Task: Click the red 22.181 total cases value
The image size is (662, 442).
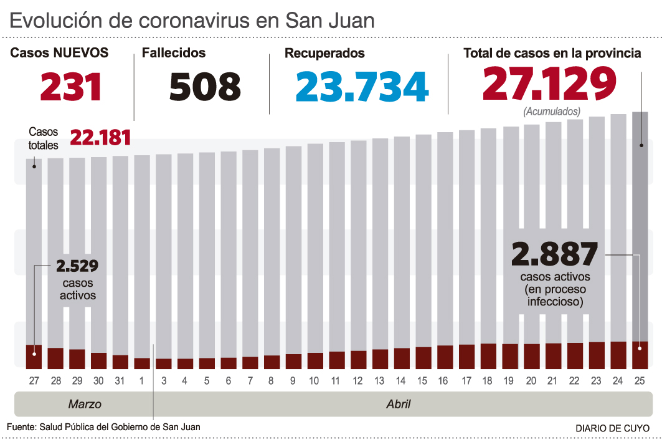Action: tap(100, 137)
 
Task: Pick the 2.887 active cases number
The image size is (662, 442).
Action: tap(554, 254)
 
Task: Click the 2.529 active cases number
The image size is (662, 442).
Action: tap(77, 266)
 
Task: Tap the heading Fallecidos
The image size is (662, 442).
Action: tap(174, 54)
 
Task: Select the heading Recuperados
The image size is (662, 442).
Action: tap(324, 54)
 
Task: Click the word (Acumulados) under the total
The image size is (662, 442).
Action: tap(552, 112)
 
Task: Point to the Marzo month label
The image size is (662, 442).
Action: tap(84, 405)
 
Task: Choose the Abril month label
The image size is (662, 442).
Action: tap(398, 405)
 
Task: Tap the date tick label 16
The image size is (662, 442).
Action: tap(445, 380)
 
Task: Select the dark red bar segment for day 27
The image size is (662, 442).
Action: tap(34, 356)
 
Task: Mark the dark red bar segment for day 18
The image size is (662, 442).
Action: tap(488, 355)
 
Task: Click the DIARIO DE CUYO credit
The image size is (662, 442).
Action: tap(612, 428)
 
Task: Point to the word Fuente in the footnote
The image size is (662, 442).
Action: tap(21, 426)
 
